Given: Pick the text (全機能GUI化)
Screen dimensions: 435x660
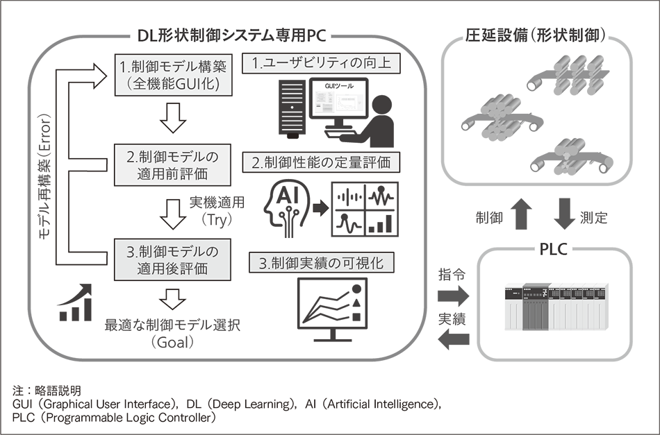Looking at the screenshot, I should [174, 85].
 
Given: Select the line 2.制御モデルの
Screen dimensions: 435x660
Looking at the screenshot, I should [174, 156].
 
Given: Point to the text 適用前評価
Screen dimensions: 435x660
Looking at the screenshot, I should [174, 174].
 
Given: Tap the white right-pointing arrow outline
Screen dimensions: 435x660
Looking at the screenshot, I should [320, 208].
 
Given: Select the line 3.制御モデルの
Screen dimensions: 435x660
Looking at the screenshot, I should [174, 250].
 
